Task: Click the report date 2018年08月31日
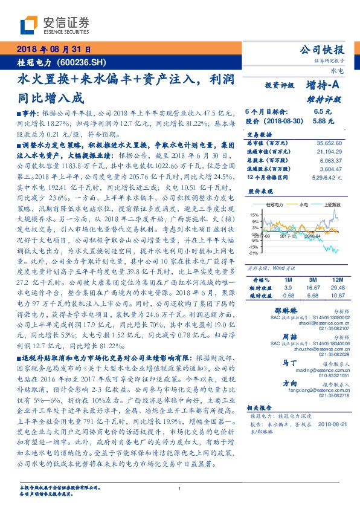point(54,49)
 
